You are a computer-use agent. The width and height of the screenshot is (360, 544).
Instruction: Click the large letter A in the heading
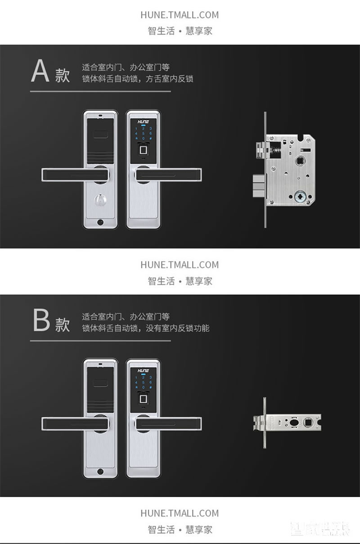40,72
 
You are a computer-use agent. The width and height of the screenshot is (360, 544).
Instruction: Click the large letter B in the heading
41,320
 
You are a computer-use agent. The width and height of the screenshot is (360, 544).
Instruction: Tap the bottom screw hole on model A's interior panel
100,222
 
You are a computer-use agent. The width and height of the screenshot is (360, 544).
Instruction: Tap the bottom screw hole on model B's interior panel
100,471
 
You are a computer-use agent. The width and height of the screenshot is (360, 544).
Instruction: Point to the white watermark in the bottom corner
320,528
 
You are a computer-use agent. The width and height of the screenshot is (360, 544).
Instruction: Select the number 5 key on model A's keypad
143,134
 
